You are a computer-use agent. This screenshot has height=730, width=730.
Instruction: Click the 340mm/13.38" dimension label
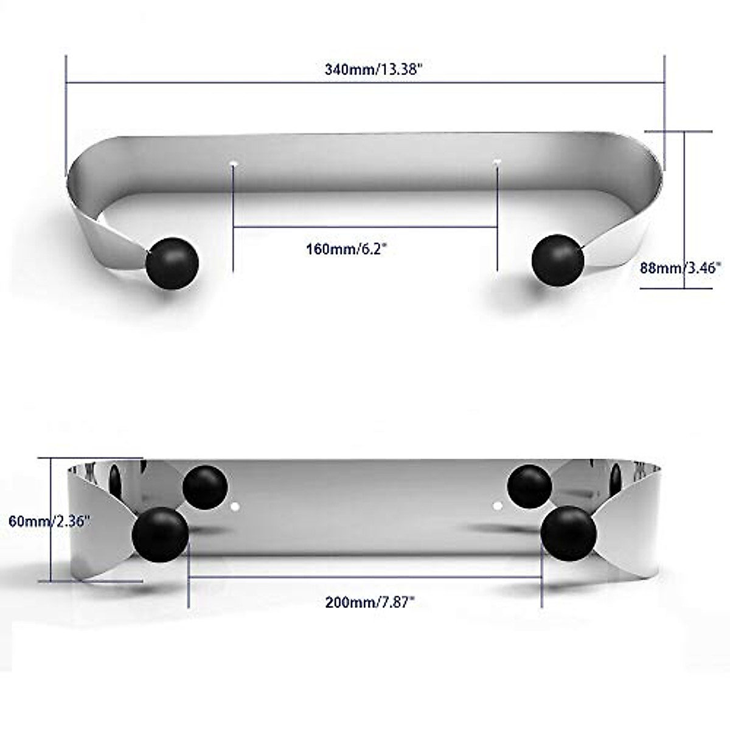(373, 69)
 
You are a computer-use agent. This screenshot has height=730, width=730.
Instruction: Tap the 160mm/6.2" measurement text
(346, 249)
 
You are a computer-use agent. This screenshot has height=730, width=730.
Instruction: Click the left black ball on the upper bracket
(172, 263)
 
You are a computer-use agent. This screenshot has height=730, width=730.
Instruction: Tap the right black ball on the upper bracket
(558, 260)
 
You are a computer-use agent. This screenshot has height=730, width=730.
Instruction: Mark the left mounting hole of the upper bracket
(234, 164)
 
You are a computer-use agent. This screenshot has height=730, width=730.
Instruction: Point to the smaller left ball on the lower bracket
(205, 487)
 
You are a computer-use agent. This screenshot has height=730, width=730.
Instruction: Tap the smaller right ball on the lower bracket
(530, 487)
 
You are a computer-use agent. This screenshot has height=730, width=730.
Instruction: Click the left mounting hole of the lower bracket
(237, 506)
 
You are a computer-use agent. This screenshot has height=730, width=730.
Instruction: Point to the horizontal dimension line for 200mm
(365, 577)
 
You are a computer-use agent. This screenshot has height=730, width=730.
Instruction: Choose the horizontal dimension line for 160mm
(365, 227)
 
